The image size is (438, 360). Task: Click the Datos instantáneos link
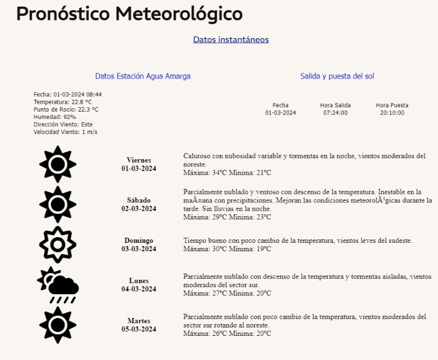(230, 39)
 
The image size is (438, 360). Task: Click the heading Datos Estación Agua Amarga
(142, 76)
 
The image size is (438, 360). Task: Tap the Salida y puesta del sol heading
(337, 76)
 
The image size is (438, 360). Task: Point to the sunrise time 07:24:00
(335, 113)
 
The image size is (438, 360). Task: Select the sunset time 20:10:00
(391, 113)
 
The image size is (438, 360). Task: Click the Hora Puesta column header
(391, 105)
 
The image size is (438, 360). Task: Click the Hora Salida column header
(335, 105)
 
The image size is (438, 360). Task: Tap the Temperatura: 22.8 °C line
(62, 102)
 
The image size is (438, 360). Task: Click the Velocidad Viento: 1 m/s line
(65, 132)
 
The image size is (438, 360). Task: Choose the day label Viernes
(139, 160)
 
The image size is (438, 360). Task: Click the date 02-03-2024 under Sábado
(139, 209)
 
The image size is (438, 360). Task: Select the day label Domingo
(139, 241)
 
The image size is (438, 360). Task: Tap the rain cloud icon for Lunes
(58, 285)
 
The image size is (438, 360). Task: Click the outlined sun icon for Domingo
(58, 244)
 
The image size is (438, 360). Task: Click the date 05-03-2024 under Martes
(139, 330)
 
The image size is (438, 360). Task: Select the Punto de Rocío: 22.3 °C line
(66, 109)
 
